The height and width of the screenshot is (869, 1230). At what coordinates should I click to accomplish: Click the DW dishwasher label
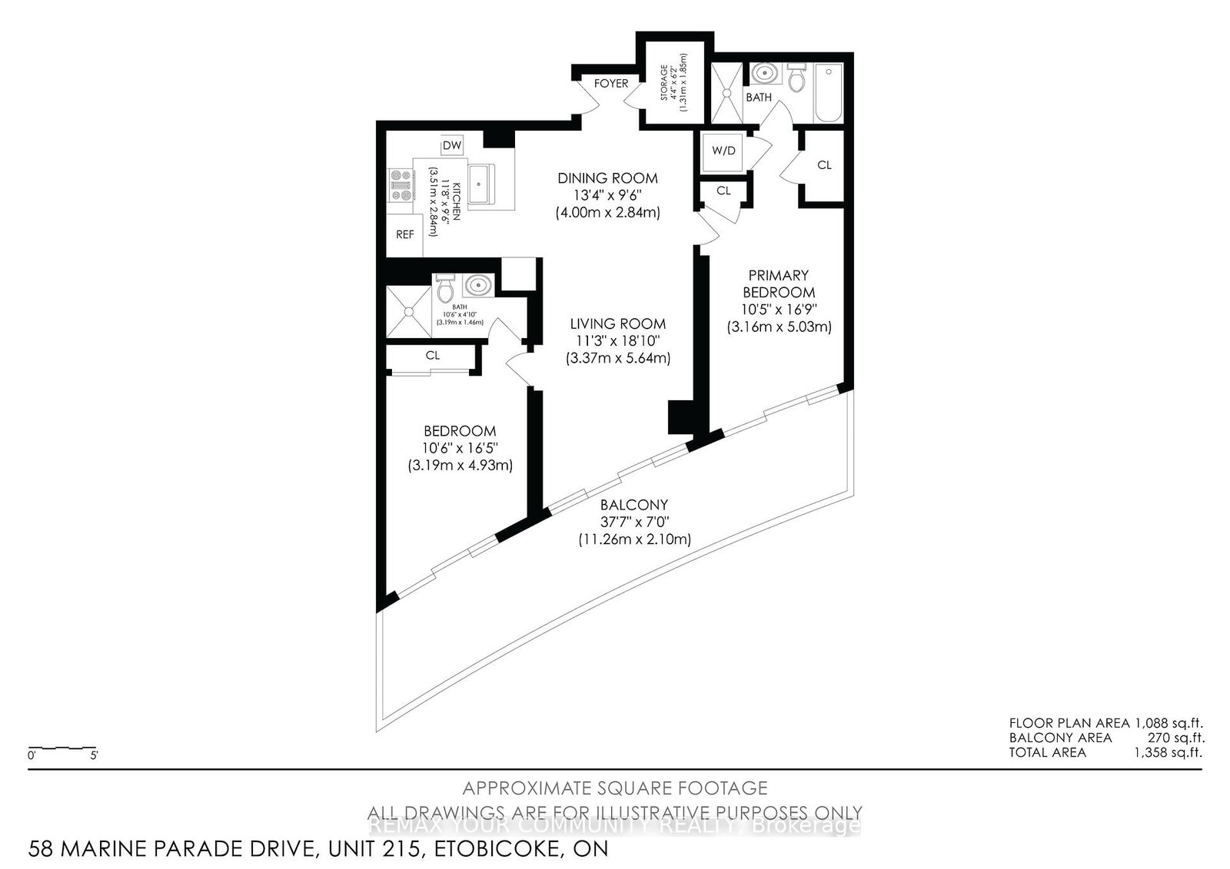(452, 146)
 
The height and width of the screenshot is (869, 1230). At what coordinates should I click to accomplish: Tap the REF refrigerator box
(404, 234)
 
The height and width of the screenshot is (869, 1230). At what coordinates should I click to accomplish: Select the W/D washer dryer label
(723, 151)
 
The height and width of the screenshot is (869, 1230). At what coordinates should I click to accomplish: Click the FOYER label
(611, 83)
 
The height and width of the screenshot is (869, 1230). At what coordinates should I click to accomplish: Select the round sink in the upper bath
(764, 75)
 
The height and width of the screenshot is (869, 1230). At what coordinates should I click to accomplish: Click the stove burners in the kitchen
(401, 185)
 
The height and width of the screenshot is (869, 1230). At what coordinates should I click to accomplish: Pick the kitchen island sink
(480, 184)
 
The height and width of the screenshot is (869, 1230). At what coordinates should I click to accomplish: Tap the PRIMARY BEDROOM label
(779, 284)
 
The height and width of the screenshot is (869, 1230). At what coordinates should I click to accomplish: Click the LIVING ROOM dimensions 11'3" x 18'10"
(618, 341)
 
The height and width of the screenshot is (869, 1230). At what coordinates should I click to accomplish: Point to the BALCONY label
(634, 505)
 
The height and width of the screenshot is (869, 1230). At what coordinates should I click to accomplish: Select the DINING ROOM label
(607, 178)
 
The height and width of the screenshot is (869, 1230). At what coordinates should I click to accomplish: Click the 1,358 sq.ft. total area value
(1168, 752)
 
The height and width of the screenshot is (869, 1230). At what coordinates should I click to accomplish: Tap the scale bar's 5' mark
(93, 755)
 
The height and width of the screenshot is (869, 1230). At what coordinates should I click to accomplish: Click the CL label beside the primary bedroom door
(824, 165)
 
